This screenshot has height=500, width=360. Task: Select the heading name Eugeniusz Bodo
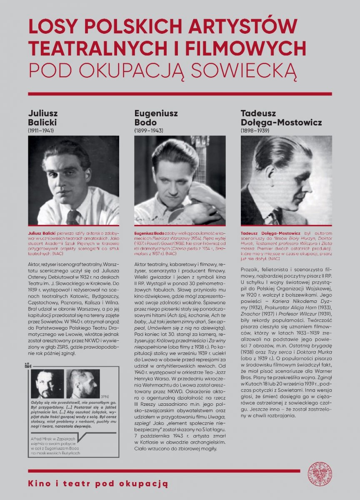pyautogui.click(x=151, y=118)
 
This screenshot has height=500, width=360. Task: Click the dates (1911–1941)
pyautogui.click(x=41, y=130)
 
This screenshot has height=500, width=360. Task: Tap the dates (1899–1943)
pyautogui.click(x=148, y=130)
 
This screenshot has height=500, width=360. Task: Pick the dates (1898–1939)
pyautogui.click(x=255, y=130)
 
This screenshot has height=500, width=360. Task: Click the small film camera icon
pyautogui.click(x=27, y=366)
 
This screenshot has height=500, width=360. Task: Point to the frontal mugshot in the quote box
pyautogui.click(x=47, y=384)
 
